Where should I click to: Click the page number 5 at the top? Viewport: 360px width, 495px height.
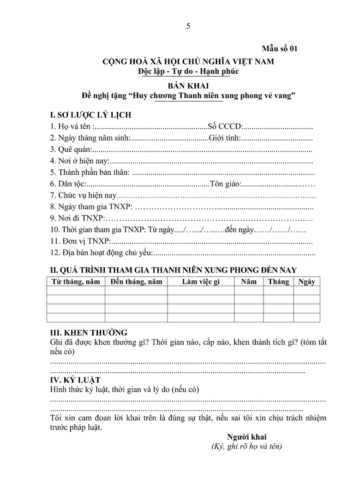point(188,26)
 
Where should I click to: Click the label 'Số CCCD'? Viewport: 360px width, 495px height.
point(225,126)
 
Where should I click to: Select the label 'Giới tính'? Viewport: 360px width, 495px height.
point(224,137)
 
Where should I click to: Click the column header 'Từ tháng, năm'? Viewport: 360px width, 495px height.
point(75,281)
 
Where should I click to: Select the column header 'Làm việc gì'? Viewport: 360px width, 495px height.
point(200,281)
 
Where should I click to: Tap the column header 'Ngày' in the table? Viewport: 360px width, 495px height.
point(306,281)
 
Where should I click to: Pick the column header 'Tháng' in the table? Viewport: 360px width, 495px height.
point(278,281)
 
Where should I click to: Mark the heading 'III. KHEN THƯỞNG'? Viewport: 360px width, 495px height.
point(89,333)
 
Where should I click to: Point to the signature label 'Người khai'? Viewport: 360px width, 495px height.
point(246,437)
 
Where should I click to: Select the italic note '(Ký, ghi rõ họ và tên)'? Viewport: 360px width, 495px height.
point(246,447)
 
